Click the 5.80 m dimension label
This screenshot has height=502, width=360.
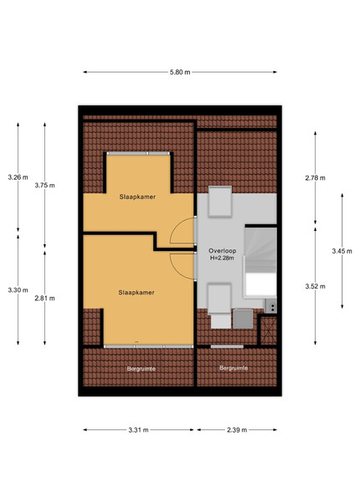pyautogui.click(x=180, y=72)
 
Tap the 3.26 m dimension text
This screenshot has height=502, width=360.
pyautogui.click(x=18, y=177)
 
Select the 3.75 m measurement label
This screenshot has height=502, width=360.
pyautogui.click(x=45, y=186)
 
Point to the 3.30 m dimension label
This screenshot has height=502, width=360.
pyautogui.click(x=18, y=290)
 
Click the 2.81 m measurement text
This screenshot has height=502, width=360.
pyautogui.click(x=45, y=299)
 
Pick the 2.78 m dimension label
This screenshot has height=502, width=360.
pyautogui.click(x=315, y=178)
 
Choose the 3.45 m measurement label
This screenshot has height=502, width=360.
pyautogui.click(x=342, y=251)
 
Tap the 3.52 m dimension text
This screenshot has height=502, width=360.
pyautogui.click(x=315, y=286)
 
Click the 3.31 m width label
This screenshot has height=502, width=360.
pyautogui.click(x=138, y=430)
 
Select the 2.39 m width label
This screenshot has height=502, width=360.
pyautogui.click(x=237, y=430)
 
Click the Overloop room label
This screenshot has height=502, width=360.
pyautogui.click(x=222, y=251)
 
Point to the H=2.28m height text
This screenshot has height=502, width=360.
pyautogui.click(x=222, y=258)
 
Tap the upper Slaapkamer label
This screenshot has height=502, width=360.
pyautogui.click(x=137, y=197)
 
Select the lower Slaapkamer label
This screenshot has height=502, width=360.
pyautogui.click(x=136, y=292)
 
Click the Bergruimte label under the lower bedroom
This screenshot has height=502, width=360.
pyautogui.click(x=141, y=369)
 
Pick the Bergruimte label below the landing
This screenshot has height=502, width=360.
pyautogui.click(x=234, y=368)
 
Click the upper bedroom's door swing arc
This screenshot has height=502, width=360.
pyautogui.click(x=174, y=227)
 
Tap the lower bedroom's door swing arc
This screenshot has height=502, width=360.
pyautogui.click(x=175, y=269)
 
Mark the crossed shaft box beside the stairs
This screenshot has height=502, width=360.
pyautogui.click(x=269, y=330)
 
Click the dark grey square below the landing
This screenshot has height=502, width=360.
pyautogui.click(x=243, y=319)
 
